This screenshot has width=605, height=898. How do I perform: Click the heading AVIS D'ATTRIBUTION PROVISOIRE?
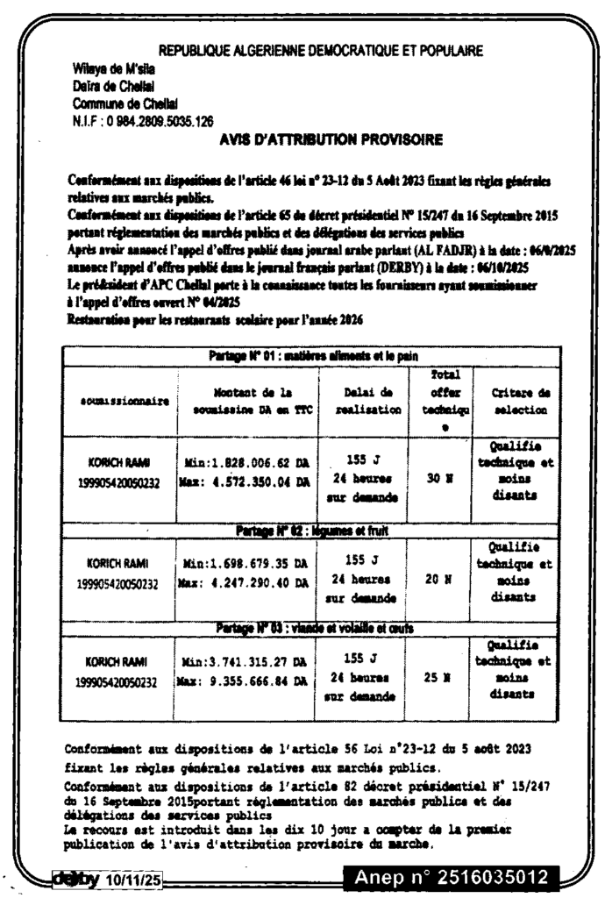[x=331, y=139]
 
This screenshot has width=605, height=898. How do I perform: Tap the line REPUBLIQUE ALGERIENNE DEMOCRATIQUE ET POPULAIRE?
[x=321, y=51]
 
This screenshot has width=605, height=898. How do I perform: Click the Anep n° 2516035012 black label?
[x=451, y=877]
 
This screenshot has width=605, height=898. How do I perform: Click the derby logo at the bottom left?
[x=76, y=877]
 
